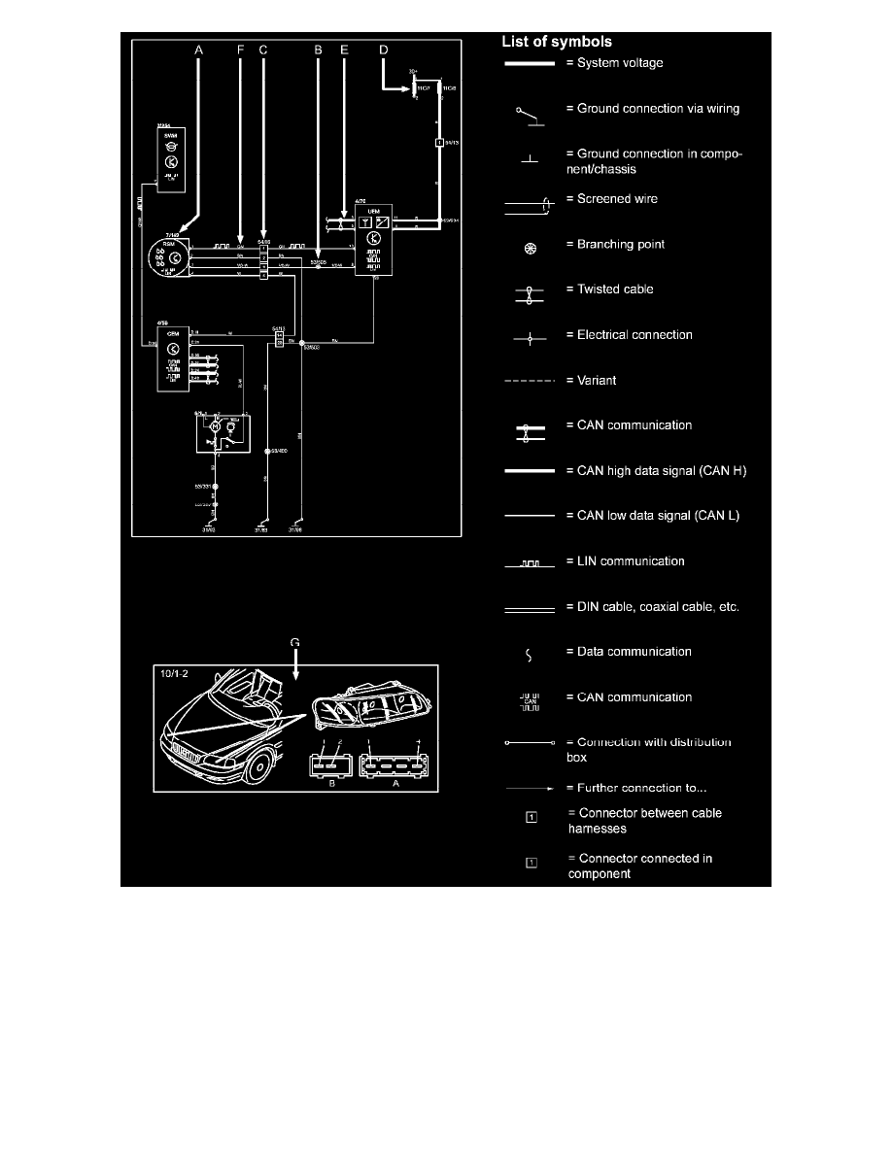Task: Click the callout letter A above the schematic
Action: coord(199,48)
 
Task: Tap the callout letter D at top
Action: coord(383,48)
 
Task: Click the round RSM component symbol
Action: coord(169,258)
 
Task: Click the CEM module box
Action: coord(174,359)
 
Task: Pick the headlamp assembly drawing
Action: coord(372,718)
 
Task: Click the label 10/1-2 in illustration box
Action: coord(176,672)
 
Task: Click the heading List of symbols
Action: coord(556,42)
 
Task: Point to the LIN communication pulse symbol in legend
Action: coord(530,562)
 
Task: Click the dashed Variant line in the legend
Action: coord(530,381)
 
